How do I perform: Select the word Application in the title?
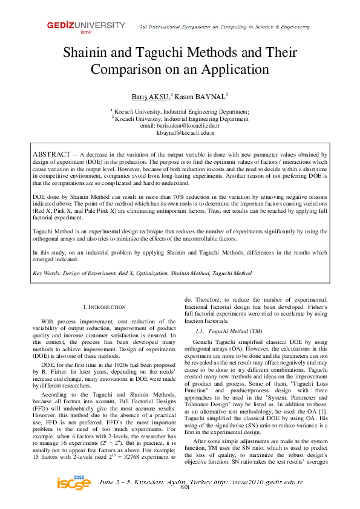coord(228,69)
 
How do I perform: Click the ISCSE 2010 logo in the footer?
coord(74,484)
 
